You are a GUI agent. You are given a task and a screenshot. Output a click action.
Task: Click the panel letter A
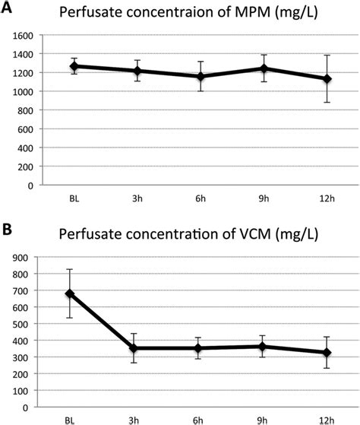[x=7, y=8]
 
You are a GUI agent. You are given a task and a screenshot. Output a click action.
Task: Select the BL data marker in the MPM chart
[x=74, y=66]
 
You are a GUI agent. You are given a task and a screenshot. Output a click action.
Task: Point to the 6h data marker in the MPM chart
[x=201, y=76]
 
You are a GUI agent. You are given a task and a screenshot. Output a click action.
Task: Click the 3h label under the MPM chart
[x=137, y=199]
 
